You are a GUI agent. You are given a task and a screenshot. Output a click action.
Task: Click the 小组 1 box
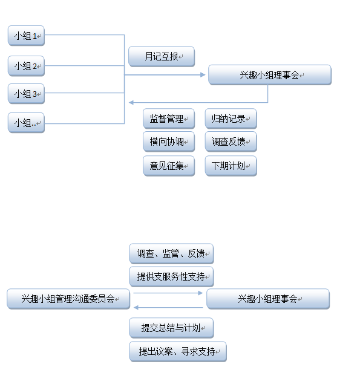click(x=26, y=36)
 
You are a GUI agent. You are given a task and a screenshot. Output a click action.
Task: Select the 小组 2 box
click(x=26, y=66)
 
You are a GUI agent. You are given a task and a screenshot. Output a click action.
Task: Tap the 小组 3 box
click(x=26, y=94)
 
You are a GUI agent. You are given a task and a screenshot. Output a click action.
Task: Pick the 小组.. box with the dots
click(x=26, y=123)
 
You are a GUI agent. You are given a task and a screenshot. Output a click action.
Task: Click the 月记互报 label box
click(x=162, y=56)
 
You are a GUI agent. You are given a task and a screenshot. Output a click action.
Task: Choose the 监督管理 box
click(x=169, y=119)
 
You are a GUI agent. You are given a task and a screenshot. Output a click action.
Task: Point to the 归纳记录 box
click(x=231, y=119)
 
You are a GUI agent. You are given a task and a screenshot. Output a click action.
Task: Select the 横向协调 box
click(x=169, y=141)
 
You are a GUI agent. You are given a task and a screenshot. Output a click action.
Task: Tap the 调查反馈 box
click(x=231, y=141)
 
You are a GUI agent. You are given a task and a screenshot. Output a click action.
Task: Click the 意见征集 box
click(x=169, y=166)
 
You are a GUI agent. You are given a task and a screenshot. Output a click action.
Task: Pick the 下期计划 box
click(x=231, y=166)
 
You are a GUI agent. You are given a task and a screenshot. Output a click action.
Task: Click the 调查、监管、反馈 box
click(x=171, y=254)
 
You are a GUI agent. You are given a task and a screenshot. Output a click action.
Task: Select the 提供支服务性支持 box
click(x=171, y=276)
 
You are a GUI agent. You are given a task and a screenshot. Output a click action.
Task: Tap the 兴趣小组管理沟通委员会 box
click(x=68, y=299)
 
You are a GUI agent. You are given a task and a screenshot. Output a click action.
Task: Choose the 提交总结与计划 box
click(x=171, y=328)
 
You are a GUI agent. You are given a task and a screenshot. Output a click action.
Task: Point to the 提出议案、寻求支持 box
click(x=178, y=351)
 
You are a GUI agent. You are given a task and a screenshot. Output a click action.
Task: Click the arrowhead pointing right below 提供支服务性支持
click(x=200, y=293)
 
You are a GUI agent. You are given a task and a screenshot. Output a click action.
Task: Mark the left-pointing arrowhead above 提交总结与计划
click(x=136, y=308)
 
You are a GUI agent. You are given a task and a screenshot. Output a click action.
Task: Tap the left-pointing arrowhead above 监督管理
click(x=131, y=102)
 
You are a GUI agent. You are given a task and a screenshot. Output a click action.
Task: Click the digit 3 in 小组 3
click(x=34, y=94)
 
